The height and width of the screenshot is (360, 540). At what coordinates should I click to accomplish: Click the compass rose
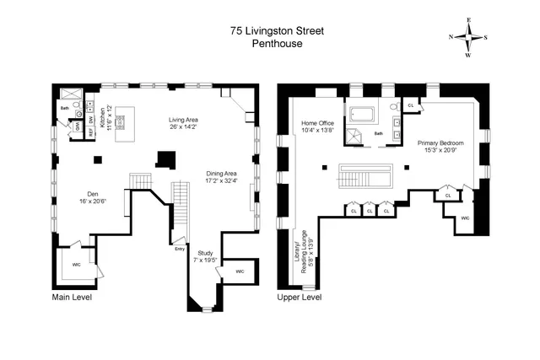[468, 37]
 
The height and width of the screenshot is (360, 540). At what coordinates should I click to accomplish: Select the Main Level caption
[72, 298]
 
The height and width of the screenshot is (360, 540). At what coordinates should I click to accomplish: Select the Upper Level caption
[300, 298]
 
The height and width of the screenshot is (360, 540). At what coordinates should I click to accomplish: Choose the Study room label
[205, 256]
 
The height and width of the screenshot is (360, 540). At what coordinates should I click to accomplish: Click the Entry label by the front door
[179, 249]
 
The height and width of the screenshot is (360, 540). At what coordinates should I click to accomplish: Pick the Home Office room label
[318, 126]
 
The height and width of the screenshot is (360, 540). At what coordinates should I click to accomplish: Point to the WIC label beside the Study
[240, 271]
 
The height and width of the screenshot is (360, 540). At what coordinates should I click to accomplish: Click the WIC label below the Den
[76, 265]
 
